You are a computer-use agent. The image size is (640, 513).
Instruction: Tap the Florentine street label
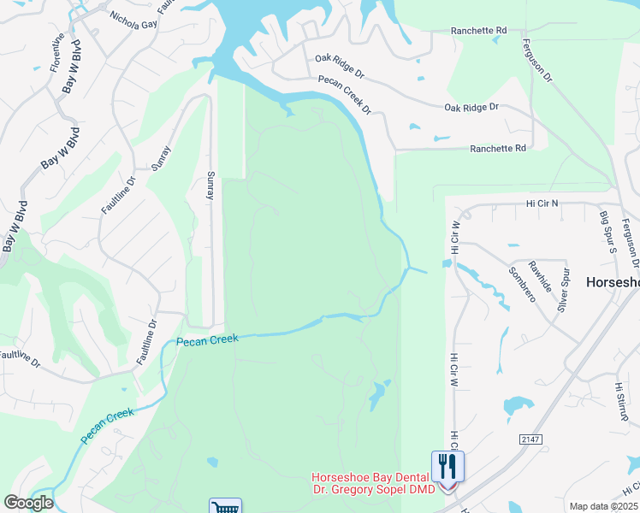tap(57, 52)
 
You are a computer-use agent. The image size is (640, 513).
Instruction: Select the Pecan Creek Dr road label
tap(344, 93)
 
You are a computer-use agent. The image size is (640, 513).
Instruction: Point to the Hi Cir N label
tap(542, 203)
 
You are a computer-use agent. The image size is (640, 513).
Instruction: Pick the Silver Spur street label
tap(564, 289)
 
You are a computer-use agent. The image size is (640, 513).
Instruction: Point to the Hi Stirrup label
tap(620, 401)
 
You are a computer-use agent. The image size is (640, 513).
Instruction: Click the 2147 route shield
tap(530, 439)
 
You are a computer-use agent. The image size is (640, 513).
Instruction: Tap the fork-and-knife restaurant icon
tap(448, 467)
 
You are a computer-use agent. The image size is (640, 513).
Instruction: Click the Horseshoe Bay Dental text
tap(371, 478)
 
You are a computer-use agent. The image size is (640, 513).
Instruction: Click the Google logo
tap(28, 503)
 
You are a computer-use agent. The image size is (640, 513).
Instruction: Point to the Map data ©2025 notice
tap(604, 506)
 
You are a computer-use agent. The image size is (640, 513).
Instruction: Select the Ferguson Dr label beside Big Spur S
tap(631, 244)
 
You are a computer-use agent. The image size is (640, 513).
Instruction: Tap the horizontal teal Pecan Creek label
tap(206, 340)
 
